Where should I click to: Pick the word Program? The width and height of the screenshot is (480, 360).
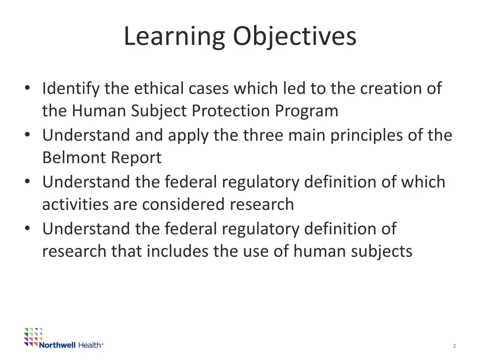(x=307, y=111)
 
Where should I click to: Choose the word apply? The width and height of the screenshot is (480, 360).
(x=190, y=135)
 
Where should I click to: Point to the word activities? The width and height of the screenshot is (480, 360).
(x=73, y=204)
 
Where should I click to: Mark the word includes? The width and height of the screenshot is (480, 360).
(x=178, y=251)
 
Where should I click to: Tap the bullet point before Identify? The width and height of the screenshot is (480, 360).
(x=29, y=89)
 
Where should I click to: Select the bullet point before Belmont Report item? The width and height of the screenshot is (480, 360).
(x=29, y=135)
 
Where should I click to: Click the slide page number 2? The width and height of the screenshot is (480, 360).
(x=454, y=346)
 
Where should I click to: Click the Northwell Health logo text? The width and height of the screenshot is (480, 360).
(x=71, y=345)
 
